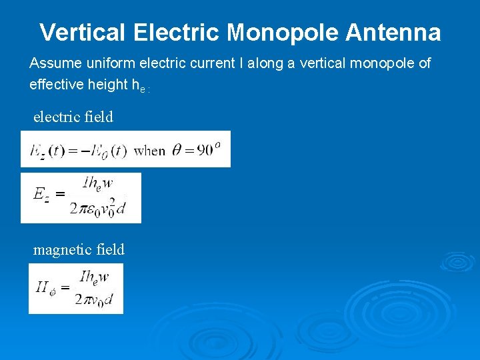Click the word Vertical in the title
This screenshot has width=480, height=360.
(83, 32)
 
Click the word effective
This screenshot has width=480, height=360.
(57, 84)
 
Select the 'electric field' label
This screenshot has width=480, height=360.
(73, 117)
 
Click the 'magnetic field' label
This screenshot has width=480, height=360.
(79, 249)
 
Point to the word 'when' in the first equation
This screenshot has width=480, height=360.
(149, 150)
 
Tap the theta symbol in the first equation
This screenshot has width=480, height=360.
(177, 150)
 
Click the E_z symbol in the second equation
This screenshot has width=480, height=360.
(41, 194)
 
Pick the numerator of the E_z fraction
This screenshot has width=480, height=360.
(98, 182)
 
